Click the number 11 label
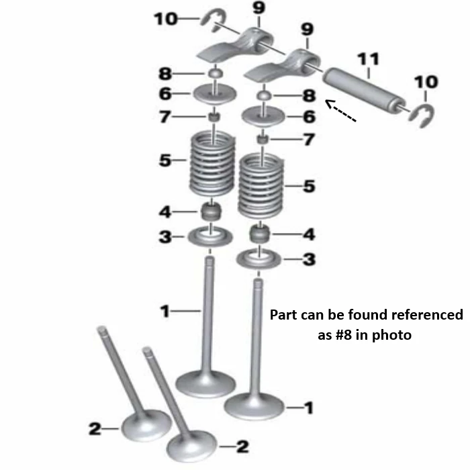tap(369, 59)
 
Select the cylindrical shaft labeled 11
tap(365, 90)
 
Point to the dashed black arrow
tap(341, 111)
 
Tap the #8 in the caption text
tap(343, 335)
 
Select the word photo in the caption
tap(391, 336)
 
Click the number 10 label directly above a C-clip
tap(426, 82)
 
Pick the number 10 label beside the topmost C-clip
tap(166, 19)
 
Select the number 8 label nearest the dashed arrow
tap(309, 95)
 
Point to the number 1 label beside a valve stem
tap(165, 311)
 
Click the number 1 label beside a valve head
tap(309, 408)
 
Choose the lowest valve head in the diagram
tap(192, 446)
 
